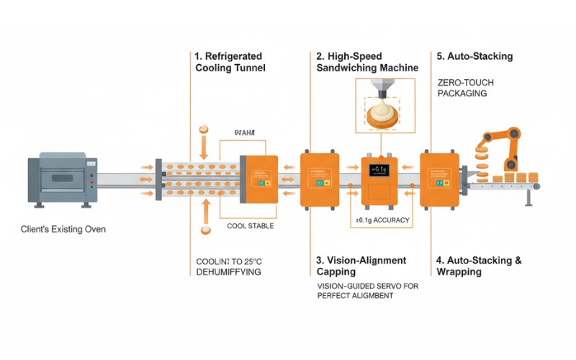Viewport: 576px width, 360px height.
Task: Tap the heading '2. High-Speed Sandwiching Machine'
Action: pyautogui.click(x=367, y=61)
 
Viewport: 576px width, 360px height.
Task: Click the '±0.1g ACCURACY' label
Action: pyautogui.click(x=382, y=219)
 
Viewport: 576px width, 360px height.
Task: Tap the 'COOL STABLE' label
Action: pyautogui.click(x=250, y=225)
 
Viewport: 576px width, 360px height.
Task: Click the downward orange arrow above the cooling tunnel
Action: pyautogui.click(x=204, y=147)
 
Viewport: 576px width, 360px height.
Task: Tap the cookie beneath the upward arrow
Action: pyautogui.click(x=204, y=230)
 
